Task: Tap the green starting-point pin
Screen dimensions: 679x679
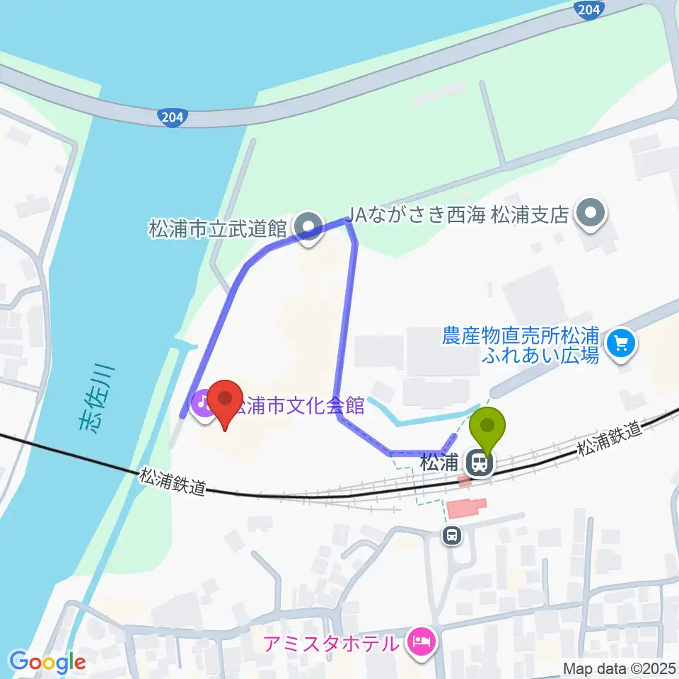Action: point(489,425)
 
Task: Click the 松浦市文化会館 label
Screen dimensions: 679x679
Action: point(301,406)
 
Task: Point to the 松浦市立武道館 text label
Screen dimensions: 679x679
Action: point(217,228)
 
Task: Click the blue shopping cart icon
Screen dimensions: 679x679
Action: point(622,344)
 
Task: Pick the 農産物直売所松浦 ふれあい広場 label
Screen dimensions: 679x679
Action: point(521,343)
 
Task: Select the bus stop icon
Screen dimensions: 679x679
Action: point(451,537)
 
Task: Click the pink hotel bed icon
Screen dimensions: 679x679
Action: point(422,643)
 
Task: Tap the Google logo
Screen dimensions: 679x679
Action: point(47,663)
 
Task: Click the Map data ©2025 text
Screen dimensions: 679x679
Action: point(619,668)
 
